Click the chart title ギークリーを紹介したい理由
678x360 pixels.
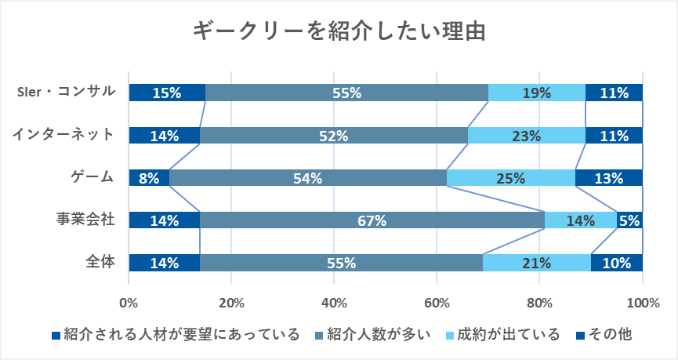click(339, 31)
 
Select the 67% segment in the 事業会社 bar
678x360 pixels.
click(372, 220)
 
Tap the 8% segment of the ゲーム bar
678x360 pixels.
click(149, 178)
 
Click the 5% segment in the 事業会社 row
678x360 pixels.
click(630, 220)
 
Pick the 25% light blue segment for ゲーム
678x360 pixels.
click(511, 178)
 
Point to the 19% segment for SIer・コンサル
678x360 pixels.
click(537, 93)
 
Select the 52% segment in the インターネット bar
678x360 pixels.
click(334, 136)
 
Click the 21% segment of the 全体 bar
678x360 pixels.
click(537, 264)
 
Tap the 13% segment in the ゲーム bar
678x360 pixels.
click(609, 178)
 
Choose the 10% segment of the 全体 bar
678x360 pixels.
click(617, 264)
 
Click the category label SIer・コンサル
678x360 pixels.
click(66, 92)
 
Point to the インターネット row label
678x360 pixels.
click(63, 135)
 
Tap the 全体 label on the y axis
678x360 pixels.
click(100, 263)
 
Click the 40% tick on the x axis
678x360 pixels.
click(334, 304)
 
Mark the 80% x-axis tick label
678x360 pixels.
click(539, 304)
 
